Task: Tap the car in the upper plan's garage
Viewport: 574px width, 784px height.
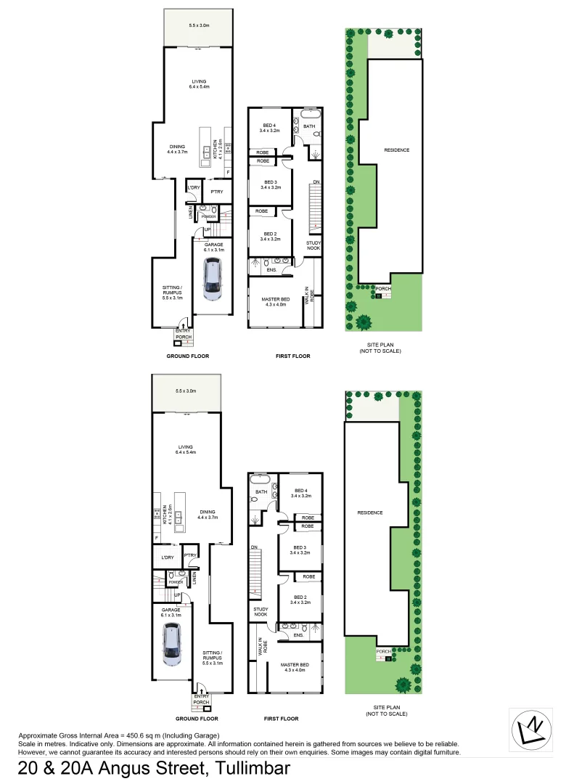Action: (x=212, y=282)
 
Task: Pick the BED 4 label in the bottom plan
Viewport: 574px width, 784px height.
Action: (x=300, y=493)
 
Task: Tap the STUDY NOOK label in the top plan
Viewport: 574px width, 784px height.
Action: (x=313, y=245)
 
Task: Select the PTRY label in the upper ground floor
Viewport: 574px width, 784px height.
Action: (x=216, y=192)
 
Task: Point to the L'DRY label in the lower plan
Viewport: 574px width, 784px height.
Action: (x=166, y=557)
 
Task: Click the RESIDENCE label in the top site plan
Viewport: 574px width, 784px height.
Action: (x=397, y=150)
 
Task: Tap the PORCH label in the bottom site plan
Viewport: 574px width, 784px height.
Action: (x=383, y=651)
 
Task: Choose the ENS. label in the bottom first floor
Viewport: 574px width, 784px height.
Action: (x=298, y=635)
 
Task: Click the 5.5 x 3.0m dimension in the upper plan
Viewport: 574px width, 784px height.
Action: (x=199, y=25)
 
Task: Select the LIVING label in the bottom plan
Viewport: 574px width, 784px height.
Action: (x=188, y=449)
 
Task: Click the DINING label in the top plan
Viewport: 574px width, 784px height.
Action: (x=177, y=147)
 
